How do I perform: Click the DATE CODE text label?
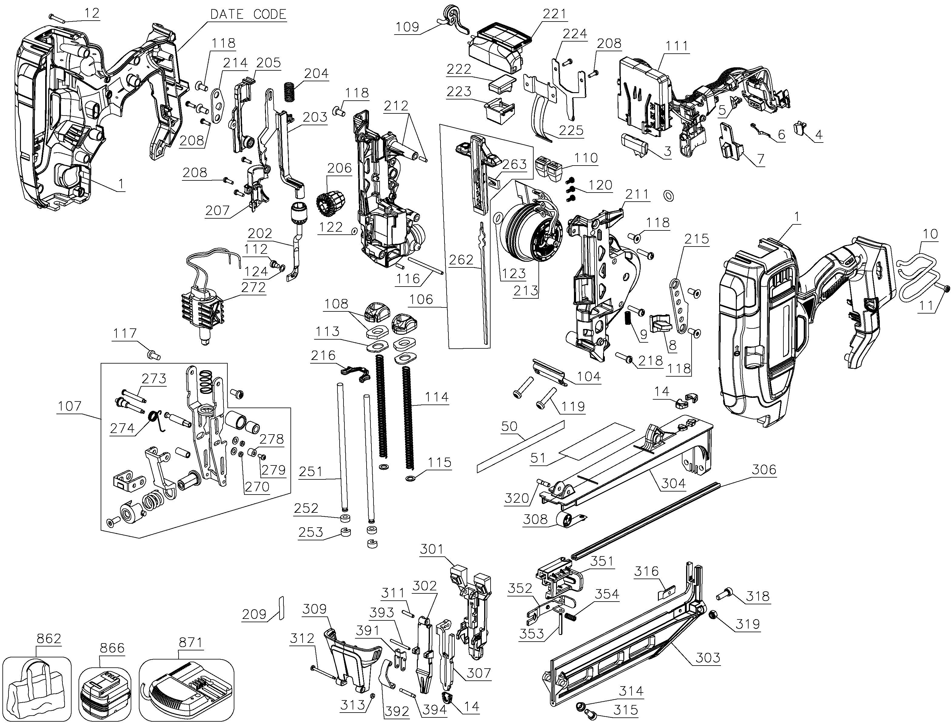point(248,14)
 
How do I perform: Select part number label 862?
point(49,638)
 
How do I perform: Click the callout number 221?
point(554,14)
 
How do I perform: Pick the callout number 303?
point(708,658)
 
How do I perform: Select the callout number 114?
point(437,397)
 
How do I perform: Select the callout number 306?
point(764,469)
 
